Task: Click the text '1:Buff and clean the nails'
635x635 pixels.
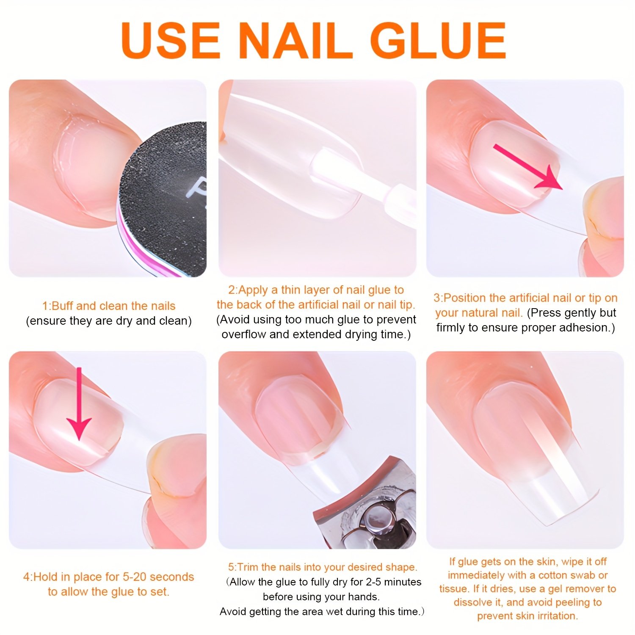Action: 109,306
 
